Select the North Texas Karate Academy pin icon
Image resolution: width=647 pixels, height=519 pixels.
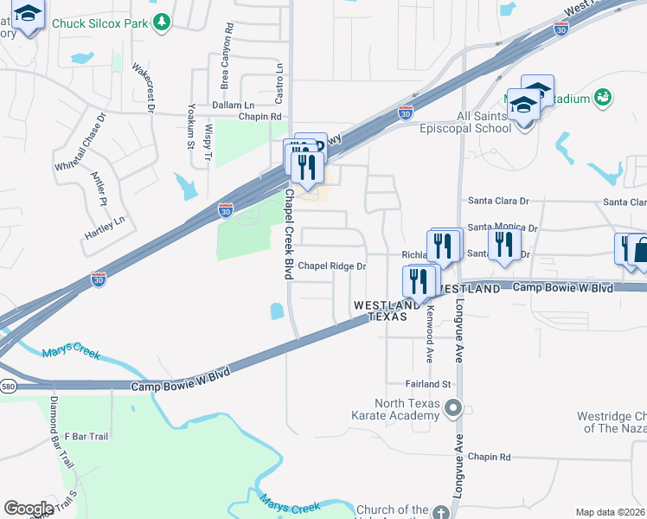pos(452,406)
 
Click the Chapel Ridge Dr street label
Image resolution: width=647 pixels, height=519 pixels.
pos(333,266)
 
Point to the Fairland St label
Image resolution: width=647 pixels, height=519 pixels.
pos(429,383)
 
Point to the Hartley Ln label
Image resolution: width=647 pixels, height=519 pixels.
pos(105,227)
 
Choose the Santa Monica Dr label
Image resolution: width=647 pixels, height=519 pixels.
pos(503,227)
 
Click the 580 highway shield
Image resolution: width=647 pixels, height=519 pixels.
pos(7,385)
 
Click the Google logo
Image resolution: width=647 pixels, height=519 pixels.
pos(29,509)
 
